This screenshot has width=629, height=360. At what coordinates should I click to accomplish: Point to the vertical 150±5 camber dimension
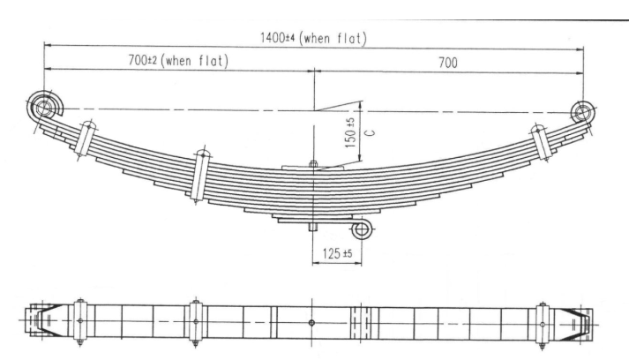click(350, 133)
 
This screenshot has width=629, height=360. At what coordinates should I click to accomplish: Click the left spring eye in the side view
click(43, 108)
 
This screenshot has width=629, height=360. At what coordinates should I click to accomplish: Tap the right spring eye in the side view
click(582, 111)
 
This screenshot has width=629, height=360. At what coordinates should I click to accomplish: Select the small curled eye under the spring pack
click(362, 229)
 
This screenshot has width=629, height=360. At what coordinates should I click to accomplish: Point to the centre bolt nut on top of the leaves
click(312, 163)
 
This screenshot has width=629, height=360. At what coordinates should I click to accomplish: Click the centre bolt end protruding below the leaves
click(312, 227)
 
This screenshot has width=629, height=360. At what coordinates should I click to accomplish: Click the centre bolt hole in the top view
click(312, 323)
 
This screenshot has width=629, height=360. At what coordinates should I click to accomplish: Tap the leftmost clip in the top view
click(80, 323)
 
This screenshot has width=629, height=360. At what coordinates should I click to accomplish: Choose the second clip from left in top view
click(196, 323)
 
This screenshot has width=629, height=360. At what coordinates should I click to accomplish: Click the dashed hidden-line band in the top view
click(357, 323)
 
